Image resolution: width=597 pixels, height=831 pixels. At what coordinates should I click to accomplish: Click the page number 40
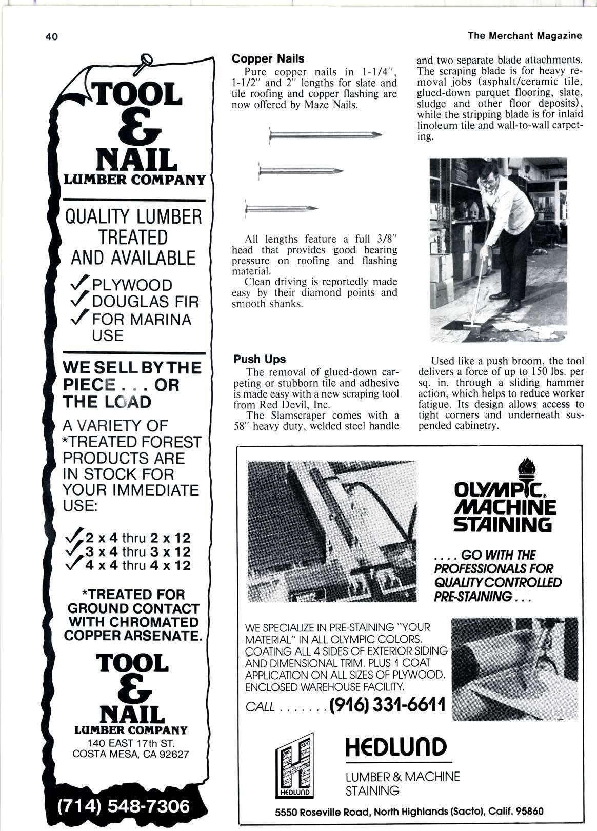(52, 37)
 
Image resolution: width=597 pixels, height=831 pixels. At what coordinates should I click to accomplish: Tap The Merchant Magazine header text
(525, 35)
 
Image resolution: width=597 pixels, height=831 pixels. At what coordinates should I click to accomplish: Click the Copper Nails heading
(268, 58)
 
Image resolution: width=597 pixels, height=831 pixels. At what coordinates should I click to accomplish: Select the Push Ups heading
(260, 359)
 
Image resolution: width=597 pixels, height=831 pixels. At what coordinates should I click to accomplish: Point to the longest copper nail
(325, 135)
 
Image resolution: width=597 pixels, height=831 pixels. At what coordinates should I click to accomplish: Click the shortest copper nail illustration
(281, 208)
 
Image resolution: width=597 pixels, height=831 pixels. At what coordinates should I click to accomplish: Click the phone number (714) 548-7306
(123, 806)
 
